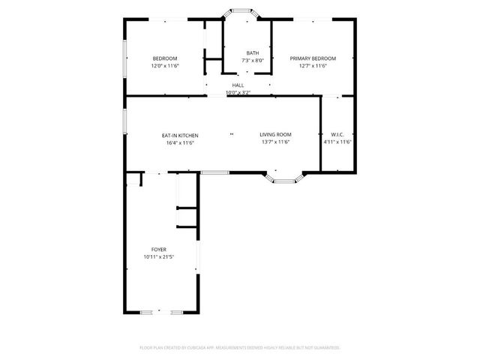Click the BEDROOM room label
coord(165,58)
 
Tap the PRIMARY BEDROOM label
coord(313,58)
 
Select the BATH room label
coord(252,52)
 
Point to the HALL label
coord(238,85)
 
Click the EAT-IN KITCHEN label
coord(180,136)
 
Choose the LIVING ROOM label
coord(275,136)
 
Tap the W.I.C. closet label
coord(337,136)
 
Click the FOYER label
coord(158,250)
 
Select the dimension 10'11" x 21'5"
coord(158,256)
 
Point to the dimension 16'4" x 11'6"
coord(180,142)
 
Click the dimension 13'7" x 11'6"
coord(275,142)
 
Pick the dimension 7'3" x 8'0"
coord(252,60)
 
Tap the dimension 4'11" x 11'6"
coord(337,142)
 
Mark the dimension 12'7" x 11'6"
coord(313,66)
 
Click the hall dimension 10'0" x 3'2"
coord(238,93)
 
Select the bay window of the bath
coord(241,12)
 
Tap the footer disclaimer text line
coord(240,348)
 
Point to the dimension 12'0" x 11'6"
coord(165,66)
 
